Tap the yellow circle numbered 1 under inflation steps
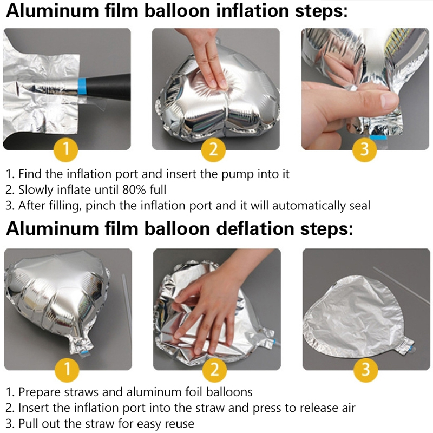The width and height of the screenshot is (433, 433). [65, 149]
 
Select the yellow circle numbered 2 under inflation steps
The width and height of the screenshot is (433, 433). [213, 149]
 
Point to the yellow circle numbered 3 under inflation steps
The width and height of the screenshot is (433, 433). [364, 149]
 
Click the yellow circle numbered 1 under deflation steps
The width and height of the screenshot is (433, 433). [67, 370]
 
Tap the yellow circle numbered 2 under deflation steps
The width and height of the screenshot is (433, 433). [214, 370]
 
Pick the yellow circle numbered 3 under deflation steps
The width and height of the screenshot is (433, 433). [366, 370]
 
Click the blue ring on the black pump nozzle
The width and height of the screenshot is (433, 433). [82, 87]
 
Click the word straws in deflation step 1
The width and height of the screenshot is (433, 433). [81, 392]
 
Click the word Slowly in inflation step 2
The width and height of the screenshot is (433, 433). [36, 191]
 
